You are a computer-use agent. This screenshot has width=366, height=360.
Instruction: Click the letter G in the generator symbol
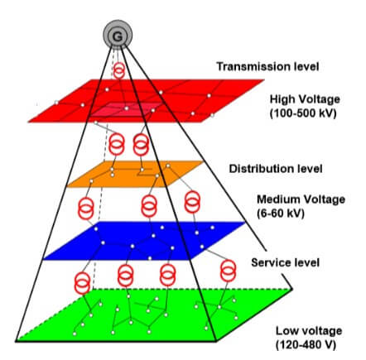tap(118, 36)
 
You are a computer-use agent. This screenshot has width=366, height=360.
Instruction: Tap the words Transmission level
tap(267, 66)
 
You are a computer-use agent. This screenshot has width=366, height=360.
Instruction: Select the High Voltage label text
tap(305, 99)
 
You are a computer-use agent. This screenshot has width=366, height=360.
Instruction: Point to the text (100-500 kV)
tap(303, 113)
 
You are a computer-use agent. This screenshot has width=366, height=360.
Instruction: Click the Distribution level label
tap(276, 169)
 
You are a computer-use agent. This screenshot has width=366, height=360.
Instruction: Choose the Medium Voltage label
tap(301, 199)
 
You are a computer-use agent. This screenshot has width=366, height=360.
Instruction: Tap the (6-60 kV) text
tap(281, 214)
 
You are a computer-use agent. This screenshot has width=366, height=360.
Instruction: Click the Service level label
tap(285, 262)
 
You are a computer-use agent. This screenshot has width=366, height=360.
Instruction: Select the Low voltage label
tap(309, 330)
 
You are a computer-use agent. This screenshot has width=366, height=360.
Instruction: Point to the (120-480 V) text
tap(306, 345)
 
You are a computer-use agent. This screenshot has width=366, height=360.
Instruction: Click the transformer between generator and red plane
tap(119, 70)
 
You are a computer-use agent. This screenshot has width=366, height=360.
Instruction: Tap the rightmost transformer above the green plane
tap(229, 271)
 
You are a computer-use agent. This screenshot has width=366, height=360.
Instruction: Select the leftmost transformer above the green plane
tap(82, 283)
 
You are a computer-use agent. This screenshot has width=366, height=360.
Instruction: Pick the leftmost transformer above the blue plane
tap(86, 209)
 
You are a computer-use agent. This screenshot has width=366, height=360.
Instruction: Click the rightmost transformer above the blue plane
tap(192, 203)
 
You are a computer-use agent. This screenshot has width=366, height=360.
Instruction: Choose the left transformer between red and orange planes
tap(117, 144)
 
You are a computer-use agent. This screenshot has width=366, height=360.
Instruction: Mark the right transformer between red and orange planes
tap(141, 145)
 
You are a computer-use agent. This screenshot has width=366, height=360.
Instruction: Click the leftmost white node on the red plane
tap(56, 103)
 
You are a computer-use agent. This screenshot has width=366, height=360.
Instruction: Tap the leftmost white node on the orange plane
tap(91, 181)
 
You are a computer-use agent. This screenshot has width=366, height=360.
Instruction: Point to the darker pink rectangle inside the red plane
tap(125, 110)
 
